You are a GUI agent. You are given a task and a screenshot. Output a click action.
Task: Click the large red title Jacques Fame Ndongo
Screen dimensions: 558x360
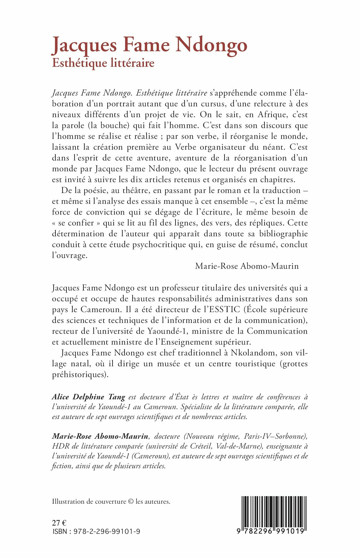coord(149,45)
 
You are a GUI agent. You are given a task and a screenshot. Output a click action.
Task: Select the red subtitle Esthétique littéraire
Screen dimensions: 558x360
coord(103,63)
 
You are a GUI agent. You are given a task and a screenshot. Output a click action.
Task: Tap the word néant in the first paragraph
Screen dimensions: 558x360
coord(272,147)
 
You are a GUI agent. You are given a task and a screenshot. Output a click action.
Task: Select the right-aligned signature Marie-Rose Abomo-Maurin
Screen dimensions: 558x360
coord(247,266)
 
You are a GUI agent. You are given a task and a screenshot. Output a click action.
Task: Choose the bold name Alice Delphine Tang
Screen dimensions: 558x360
coord(89,397)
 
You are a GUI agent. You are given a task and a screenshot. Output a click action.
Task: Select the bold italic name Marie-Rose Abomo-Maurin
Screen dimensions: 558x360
coord(100,436)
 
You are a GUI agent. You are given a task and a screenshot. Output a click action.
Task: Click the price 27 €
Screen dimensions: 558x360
coord(59,523)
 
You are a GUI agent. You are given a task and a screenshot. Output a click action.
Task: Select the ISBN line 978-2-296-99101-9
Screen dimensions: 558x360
coord(107,531)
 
